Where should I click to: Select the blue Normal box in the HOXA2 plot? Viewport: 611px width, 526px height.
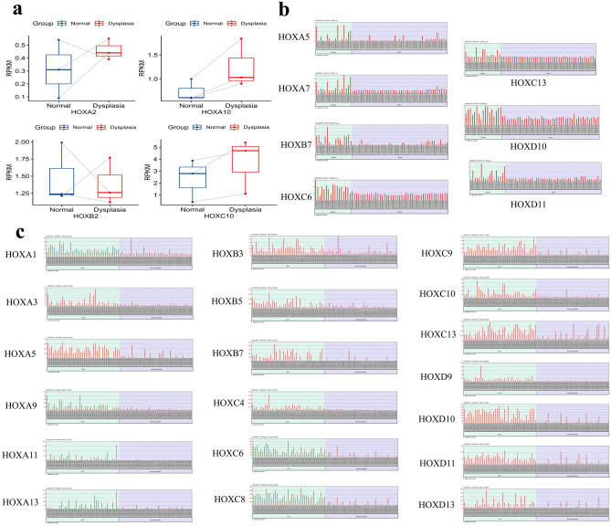57,68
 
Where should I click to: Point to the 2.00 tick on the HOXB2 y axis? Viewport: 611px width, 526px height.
24,143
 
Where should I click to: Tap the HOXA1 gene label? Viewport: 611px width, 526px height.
21,253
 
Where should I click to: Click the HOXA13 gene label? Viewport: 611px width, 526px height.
24,501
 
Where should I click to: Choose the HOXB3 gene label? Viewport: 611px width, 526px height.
227,253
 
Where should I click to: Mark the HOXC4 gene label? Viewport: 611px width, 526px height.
227,402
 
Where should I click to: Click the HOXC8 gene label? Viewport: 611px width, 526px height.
227,501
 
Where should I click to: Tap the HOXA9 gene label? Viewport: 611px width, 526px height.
21,402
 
